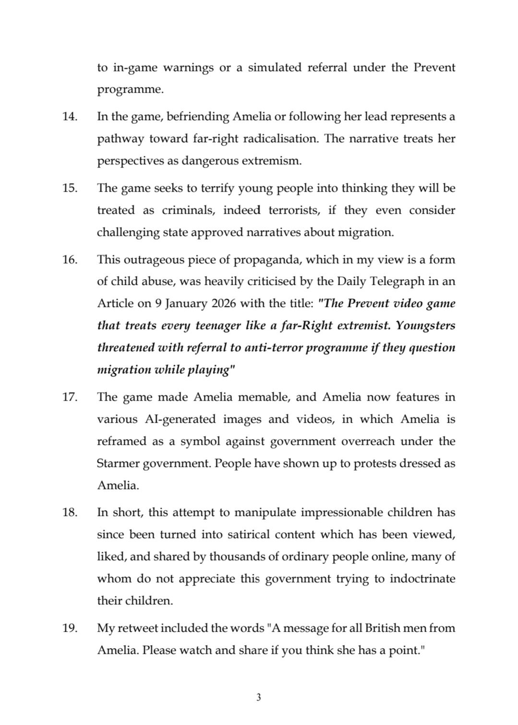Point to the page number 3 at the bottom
point(258,698)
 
